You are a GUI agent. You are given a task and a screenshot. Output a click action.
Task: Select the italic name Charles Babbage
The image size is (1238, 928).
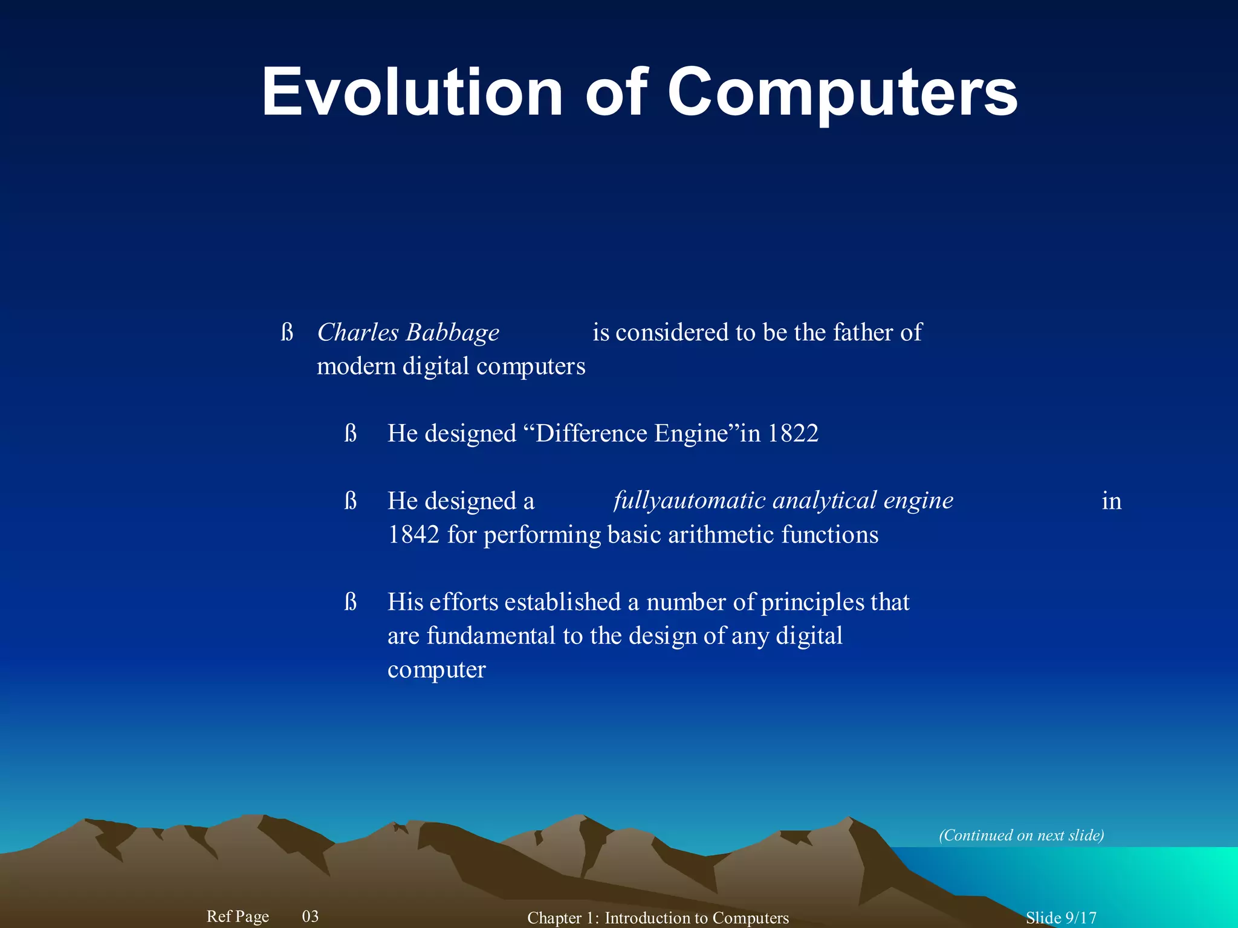pos(408,333)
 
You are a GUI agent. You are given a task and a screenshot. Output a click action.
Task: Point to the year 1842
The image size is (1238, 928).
pos(413,535)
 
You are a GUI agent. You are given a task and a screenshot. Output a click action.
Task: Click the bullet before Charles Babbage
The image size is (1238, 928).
pos(287,333)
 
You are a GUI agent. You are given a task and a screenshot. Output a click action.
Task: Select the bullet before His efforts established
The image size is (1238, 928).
pos(351,602)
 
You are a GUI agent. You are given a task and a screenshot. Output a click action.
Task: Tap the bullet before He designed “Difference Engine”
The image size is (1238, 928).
pos(351,434)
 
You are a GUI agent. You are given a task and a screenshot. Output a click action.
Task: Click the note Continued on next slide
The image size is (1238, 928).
pos(1021,835)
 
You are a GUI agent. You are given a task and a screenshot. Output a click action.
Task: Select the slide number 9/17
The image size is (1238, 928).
pos(1080,918)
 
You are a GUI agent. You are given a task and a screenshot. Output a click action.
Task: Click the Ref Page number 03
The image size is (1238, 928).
pos(310,916)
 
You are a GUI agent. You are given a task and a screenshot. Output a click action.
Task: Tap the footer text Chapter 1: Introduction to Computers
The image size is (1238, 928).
pos(658,918)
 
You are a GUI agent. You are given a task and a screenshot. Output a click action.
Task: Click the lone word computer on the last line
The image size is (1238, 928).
pos(436,670)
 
